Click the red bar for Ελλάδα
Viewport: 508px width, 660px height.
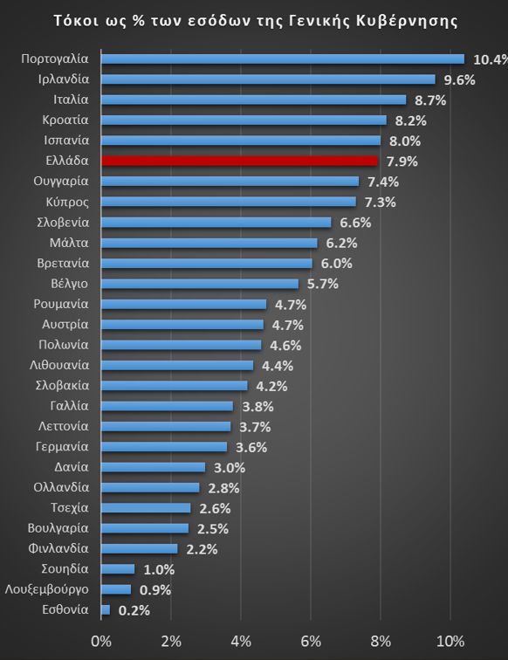pos(239,161)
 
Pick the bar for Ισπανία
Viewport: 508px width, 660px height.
pos(240,141)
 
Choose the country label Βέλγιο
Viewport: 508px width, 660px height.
pos(69,284)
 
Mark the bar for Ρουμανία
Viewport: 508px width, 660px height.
pos(183,304)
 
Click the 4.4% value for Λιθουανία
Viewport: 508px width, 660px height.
pos(277,366)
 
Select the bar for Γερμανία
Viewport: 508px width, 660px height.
pos(164,447)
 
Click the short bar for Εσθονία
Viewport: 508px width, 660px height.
pos(106,610)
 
